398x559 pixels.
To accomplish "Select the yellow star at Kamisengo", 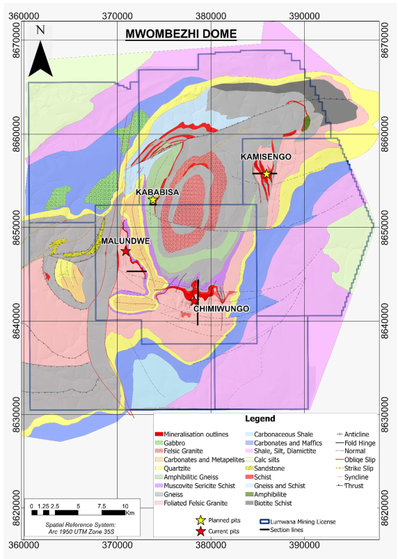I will click(x=266, y=174).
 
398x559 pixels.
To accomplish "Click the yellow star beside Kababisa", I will click(x=153, y=200).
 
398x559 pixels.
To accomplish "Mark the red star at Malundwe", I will click(x=125, y=251).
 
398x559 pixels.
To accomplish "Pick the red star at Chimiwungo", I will click(x=195, y=300).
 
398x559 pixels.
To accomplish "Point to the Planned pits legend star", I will click(x=201, y=520).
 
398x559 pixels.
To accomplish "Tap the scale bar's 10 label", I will click(x=125, y=505).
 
